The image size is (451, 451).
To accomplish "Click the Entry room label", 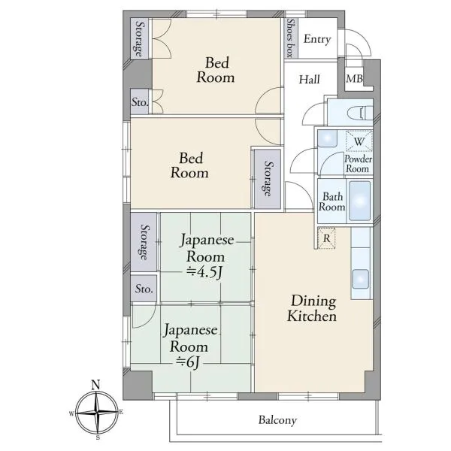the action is (x=317, y=39).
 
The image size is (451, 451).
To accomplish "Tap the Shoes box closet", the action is (x=291, y=38).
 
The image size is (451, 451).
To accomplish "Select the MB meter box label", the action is (x=354, y=78).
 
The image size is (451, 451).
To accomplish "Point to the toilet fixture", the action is (x=360, y=113).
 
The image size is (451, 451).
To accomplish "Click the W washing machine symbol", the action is (x=359, y=141).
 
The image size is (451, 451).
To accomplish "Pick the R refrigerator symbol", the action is (x=326, y=238).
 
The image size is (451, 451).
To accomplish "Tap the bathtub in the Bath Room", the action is (x=359, y=201).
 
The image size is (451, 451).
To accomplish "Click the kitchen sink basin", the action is (x=360, y=279).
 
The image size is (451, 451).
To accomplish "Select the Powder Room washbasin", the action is (x=328, y=138).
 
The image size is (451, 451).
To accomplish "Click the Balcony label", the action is (x=277, y=420).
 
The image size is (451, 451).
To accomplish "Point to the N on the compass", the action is (x=95, y=385).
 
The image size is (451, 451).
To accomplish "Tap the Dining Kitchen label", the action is (x=312, y=308).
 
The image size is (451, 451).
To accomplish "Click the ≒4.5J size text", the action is (x=204, y=272).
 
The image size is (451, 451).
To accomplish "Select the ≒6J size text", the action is (x=187, y=362).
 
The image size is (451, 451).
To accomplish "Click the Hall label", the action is (x=309, y=80).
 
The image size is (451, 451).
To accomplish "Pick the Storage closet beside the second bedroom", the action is (x=268, y=179).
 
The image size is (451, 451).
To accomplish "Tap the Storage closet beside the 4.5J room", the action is (x=144, y=241).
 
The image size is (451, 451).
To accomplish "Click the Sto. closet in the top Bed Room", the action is (x=140, y=101).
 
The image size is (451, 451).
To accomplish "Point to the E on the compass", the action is (x=121, y=413).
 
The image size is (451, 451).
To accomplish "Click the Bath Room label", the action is (x=332, y=201).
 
